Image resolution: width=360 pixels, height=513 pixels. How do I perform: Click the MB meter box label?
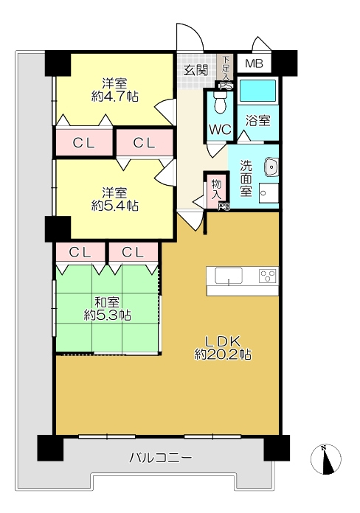[x=255, y=63]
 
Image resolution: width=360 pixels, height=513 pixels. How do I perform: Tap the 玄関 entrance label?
[x=195, y=70]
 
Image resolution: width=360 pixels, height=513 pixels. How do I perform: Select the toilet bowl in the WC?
[x=220, y=102]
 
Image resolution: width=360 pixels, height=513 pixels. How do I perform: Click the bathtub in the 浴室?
[x=257, y=91]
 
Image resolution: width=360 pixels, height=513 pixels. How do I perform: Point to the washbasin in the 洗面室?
[x=271, y=167]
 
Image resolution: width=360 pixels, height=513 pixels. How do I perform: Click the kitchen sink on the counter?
[x=229, y=276]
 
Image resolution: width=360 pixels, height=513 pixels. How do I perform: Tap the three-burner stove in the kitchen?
[x=267, y=276]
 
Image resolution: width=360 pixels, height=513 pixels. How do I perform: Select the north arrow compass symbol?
[x=326, y=459]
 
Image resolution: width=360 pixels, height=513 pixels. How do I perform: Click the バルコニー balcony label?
[x=161, y=457]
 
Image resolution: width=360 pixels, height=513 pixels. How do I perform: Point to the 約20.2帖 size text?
[x=223, y=355]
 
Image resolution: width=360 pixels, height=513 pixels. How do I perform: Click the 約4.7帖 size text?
[x=114, y=97]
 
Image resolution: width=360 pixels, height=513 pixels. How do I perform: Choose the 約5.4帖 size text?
[x=114, y=206]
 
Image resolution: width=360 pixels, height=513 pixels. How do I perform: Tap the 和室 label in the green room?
[x=107, y=302]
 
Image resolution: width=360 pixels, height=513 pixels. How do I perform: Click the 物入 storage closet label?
[x=217, y=189]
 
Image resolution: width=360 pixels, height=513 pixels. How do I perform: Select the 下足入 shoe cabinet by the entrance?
[x=225, y=68]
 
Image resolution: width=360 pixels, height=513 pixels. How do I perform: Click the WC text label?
[x=220, y=130]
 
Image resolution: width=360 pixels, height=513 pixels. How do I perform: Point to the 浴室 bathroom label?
[x=258, y=120]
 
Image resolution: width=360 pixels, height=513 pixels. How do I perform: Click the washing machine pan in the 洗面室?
[x=269, y=193]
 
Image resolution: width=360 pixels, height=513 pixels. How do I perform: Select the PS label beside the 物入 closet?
[x=224, y=206]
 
